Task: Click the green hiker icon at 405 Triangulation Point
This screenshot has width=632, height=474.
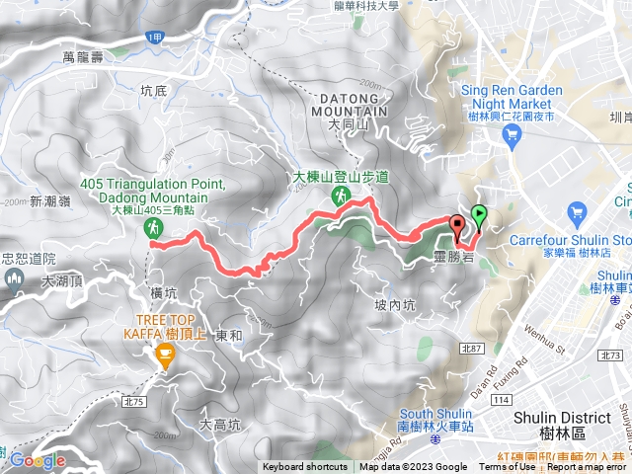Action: [x=154, y=229]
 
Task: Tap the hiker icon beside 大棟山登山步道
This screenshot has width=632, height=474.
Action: [x=339, y=197]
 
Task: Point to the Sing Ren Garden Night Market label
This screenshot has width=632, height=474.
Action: [x=512, y=96]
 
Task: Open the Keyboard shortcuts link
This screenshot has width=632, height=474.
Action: [x=304, y=467]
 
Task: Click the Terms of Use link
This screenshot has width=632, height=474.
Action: [x=507, y=467]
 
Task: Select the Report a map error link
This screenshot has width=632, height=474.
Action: [x=587, y=467]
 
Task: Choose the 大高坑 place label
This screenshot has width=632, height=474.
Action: [x=220, y=425]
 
